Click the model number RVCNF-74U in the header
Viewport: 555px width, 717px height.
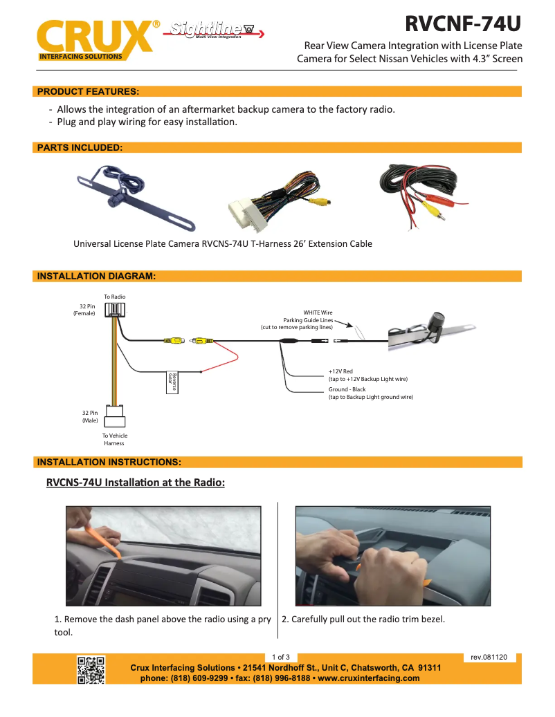click(x=462, y=24)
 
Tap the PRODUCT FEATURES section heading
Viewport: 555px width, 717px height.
click(x=88, y=91)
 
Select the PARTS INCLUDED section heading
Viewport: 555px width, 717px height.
click(x=80, y=147)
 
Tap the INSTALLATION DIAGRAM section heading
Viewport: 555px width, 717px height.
click(x=96, y=276)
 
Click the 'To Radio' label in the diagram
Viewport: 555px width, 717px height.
click(x=115, y=297)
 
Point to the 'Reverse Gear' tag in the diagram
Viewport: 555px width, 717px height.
click(x=173, y=382)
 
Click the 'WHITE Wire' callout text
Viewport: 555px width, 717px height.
click(x=318, y=313)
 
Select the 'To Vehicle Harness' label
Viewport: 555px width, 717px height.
click(x=115, y=439)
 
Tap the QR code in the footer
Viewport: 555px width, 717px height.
click(x=91, y=669)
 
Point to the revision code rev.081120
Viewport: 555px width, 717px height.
click(x=489, y=657)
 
